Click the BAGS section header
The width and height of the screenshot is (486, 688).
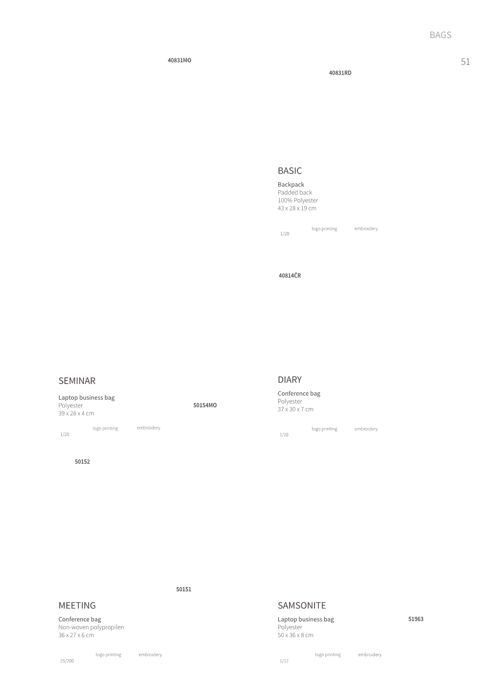click(x=440, y=35)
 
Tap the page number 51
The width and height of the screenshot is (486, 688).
click(x=465, y=62)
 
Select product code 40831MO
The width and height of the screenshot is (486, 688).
click(x=179, y=60)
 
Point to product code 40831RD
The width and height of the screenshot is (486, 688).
click(x=340, y=73)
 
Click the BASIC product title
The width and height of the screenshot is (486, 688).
click(x=290, y=171)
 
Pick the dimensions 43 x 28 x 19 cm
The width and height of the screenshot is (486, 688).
click(x=297, y=208)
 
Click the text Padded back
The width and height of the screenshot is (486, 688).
click(x=295, y=193)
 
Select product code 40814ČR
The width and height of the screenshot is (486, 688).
click(x=290, y=275)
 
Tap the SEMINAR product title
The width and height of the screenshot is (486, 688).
click(x=77, y=381)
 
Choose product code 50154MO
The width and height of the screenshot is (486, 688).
click(x=205, y=405)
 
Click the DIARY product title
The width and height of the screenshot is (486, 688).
click(x=290, y=380)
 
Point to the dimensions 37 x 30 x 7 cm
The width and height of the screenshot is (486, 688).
click(x=295, y=409)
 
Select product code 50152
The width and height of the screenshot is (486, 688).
click(x=82, y=461)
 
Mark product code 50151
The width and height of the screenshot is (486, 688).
click(x=184, y=589)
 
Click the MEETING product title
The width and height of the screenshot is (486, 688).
click(x=77, y=606)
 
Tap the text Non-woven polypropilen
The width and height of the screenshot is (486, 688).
click(x=91, y=627)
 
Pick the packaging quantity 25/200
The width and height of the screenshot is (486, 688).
click(x=67, y=661)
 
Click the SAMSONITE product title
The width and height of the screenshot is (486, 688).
click(x=302, y=606)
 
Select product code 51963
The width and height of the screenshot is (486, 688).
click(x=416, y=619)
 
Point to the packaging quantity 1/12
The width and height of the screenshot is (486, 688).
click(x=284, y=661)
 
